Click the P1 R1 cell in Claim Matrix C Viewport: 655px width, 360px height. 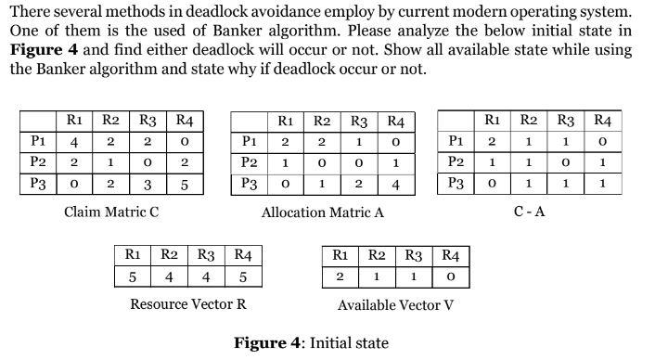click(73, 142)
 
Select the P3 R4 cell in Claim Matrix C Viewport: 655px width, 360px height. click(184, 184)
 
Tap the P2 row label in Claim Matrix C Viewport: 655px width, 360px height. click(38, 162)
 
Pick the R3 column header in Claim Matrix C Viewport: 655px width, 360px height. click(148, 121)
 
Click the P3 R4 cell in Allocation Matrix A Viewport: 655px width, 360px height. click(396, 183)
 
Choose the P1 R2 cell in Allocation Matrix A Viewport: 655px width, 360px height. click(321, 142)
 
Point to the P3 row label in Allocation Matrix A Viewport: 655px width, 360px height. click(249, 183)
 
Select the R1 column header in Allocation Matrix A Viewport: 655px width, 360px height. click(286, 122)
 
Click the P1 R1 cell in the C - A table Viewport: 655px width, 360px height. click(493, 141)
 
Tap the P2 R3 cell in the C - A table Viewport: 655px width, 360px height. click(565, 161)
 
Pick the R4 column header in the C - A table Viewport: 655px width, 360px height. click(602, 120)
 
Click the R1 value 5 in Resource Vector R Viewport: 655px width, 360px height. click(133, 276)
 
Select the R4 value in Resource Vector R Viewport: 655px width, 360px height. click(243, 276)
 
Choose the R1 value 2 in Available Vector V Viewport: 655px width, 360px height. click(340, 276)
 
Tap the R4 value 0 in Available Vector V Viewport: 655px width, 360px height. click(450, 276)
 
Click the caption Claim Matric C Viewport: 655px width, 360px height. click(111, 212)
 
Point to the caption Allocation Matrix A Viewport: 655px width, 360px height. click(322, 212)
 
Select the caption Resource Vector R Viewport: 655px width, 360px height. click(188, 304)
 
